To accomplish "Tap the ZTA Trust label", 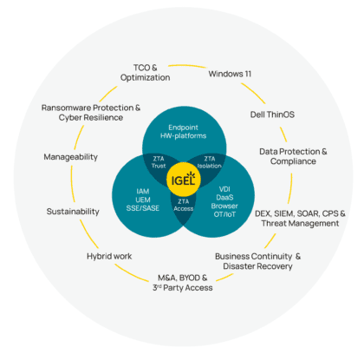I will pyautogui.click(x=157, y=161).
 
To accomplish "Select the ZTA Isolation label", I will pyautogui.click(x=207, y=161).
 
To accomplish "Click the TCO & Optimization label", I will pyautogui.click(x=146, y=71).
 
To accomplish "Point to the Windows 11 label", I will pyautogui.click(x=230, y=74).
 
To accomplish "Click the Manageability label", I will pyautogui.click(x=71, y=157).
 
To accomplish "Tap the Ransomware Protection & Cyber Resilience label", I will pyautogui.click(x=91, y=112).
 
